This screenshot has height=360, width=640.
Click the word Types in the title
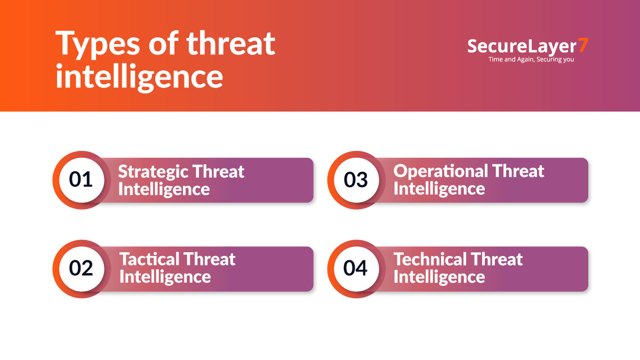click(94, 44)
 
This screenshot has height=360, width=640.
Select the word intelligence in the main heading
click(139, 76)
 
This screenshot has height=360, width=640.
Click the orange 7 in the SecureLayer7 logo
click(583, 46)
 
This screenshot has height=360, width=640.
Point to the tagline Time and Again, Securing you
click(531, 60)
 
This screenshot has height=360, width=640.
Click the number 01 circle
click(81, 180)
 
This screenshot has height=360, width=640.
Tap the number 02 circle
click(81, 268)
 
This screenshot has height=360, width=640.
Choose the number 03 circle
click(356, 180)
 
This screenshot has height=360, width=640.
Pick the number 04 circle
click(356, 268)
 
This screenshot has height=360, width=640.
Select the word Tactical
click(149, 260)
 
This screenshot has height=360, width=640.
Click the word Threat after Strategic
click(218, 172)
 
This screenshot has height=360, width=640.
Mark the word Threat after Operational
click(518, 171)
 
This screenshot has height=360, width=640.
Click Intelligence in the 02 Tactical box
click(165, 277)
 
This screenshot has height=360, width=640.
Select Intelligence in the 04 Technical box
click(439, 277)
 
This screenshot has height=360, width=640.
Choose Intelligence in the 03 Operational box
click(439, 189)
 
